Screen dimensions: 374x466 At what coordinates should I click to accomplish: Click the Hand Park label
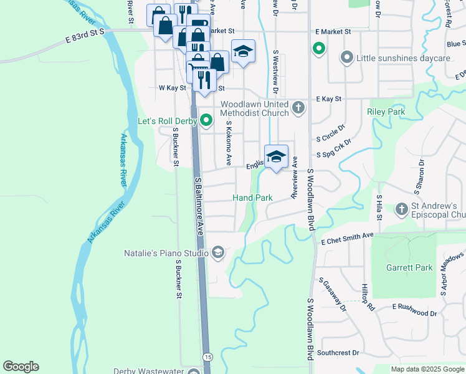pyautogui.click(x=252, y=198)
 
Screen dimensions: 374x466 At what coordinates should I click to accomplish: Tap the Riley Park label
pyautogui.click(x=386, y=112)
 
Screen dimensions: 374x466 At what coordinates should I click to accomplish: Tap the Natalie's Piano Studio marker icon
pyautogui.click(x=217, y=252)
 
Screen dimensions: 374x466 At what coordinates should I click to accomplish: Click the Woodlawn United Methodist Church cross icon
pyautogui.click(x=298, y=108)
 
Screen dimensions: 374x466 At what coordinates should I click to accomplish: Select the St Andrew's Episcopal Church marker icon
pyautogui.click(x=401, y=209)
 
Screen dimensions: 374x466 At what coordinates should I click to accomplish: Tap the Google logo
pyautogui.click(x=21, y=367)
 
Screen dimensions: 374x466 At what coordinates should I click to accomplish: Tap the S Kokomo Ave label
pyautogui.click(x=229, y=143)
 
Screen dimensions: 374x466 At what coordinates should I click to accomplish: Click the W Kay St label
pyautogui.click(x=173, y=89)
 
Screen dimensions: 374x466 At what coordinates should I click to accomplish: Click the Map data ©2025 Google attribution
pyautogui.click(x=428, y=369)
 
